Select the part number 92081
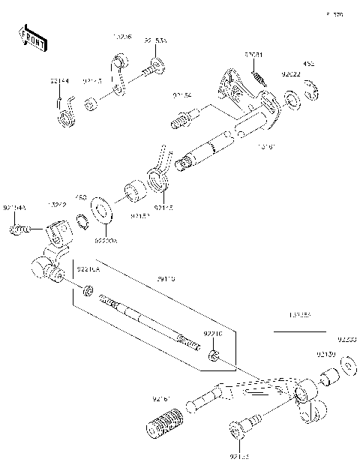click(x=253, y=55)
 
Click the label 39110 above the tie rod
click(x=166, y=278)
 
